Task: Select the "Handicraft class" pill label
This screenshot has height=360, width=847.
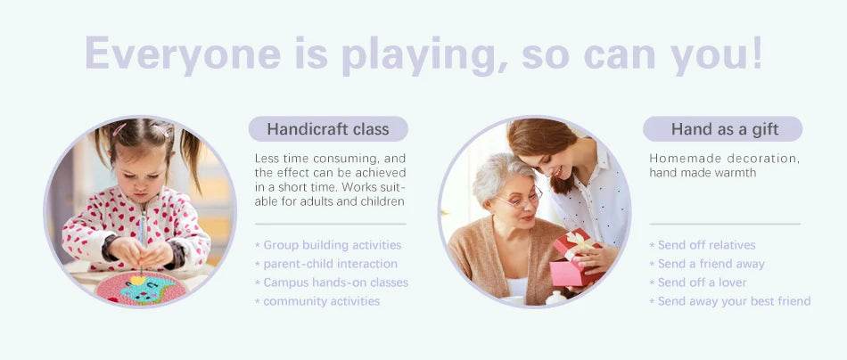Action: pyautogui.click(x=328, y=129)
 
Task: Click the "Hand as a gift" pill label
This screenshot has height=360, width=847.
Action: pyautogui.click(x=724, y=129)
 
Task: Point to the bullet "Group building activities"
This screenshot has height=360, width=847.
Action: pyautogui.click(x=328, y=245)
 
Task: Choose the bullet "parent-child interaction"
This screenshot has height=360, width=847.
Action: pyautogui.click(x=326, y=264)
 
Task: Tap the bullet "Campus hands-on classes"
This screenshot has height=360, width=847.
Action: pyautogui.click(x=331, y=282)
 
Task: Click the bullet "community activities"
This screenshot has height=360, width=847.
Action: pyautogui.click(x=317, y=301)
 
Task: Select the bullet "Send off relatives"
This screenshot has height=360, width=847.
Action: pyautogui.click(x=703, y=245)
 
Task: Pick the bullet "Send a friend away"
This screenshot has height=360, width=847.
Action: pyautogui.click(x=707, y=264)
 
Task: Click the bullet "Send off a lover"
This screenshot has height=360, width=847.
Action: pyautogui.click(x=698, y=282)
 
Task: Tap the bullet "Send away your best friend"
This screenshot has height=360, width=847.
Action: pyautogui.click(x=730, y=301)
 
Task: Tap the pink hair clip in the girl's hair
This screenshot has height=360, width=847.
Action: pyautogui.click(x=120, y=129)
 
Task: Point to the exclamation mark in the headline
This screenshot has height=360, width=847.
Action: pyautogui.click(x=756, y=53)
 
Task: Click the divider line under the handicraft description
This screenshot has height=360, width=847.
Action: pyautogui.click(x=331, y=224)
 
